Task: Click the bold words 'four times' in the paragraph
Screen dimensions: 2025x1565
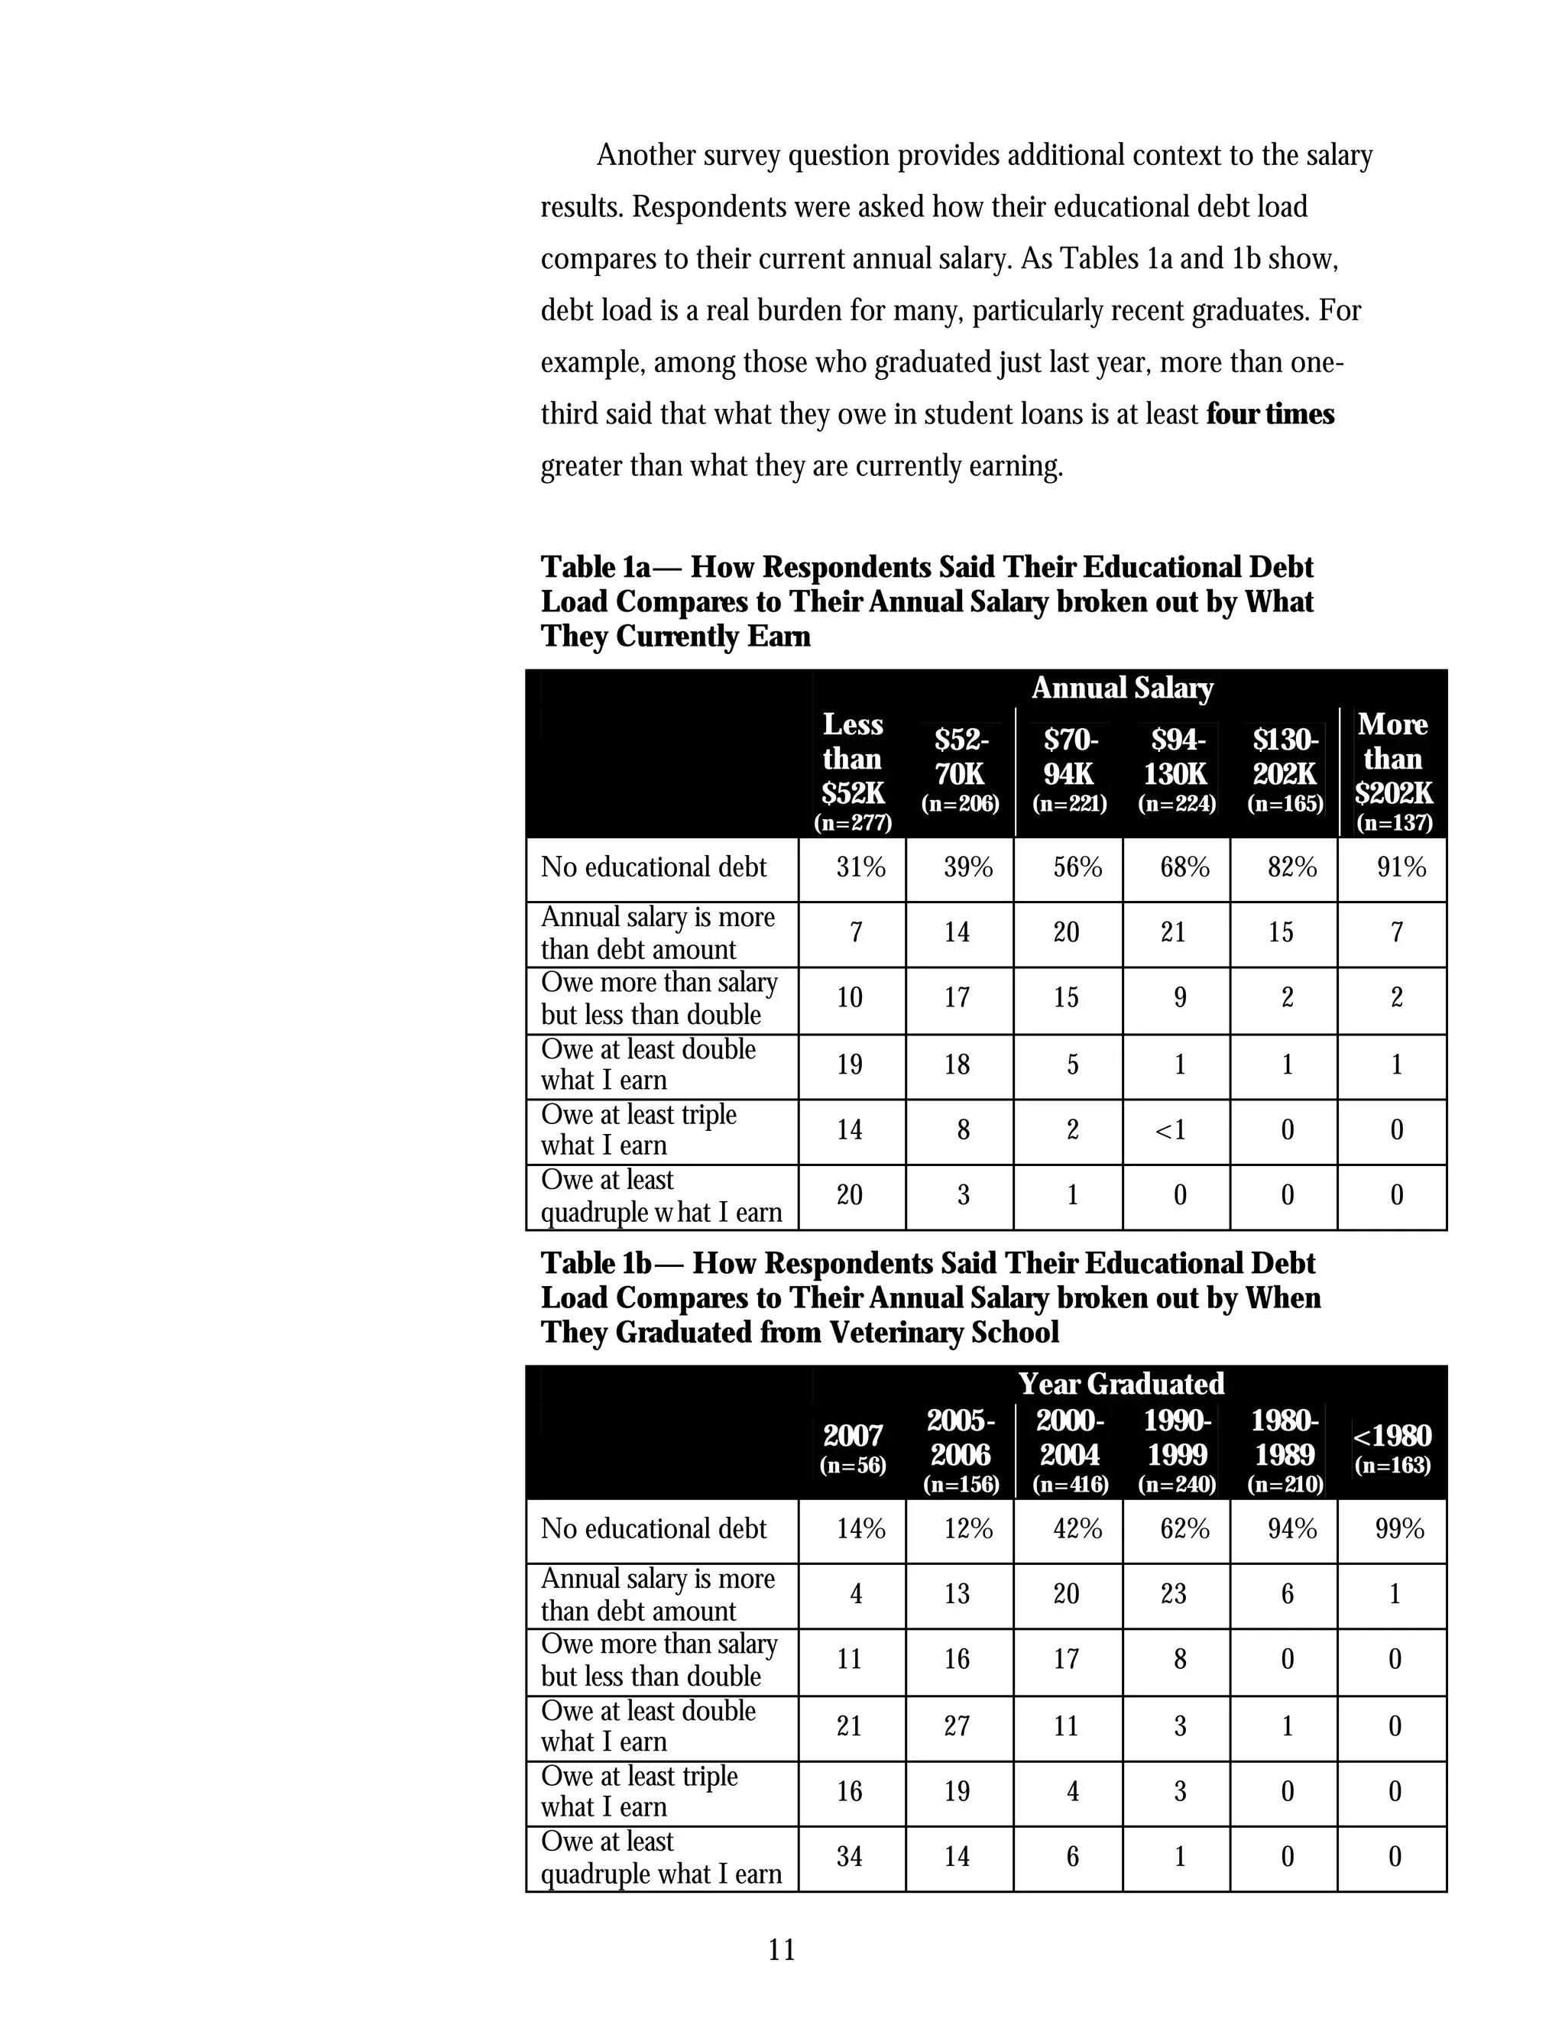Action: (x=1269, y=413)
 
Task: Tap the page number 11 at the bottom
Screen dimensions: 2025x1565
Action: (x=782, y=1950)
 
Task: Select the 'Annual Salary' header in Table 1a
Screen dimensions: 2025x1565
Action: (x=1122, y=688)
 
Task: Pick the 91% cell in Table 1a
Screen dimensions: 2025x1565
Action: (x=1401, y=868)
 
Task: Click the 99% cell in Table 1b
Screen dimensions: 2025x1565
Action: (x=1399, y=1529)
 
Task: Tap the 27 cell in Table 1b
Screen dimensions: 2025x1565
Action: (x=957, y=1725)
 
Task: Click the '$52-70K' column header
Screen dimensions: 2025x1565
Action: (x=961, y=757)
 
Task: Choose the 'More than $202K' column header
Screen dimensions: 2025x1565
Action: (x=1392, y=759)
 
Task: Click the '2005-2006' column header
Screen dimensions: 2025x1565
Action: (x=961, y=1438)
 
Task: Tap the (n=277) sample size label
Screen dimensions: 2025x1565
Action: (x=853, y=822)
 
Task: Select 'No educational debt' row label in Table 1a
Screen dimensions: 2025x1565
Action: (x=653, y=868)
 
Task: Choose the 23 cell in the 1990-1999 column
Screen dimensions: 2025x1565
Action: (x=1173, y=1594)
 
